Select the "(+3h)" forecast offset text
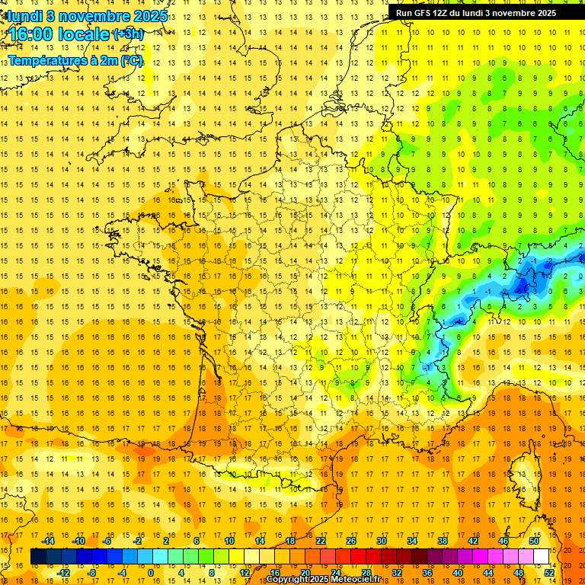tap(127, 34)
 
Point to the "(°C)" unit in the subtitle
tap(131, 60)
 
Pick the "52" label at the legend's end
tap(549, 573)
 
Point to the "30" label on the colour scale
tap(382, 540)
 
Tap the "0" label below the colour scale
tap(150, 573)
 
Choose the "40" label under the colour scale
tap(458, 573)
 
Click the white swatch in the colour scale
tap(542, 557)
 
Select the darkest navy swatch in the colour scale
tap(38, 557)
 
